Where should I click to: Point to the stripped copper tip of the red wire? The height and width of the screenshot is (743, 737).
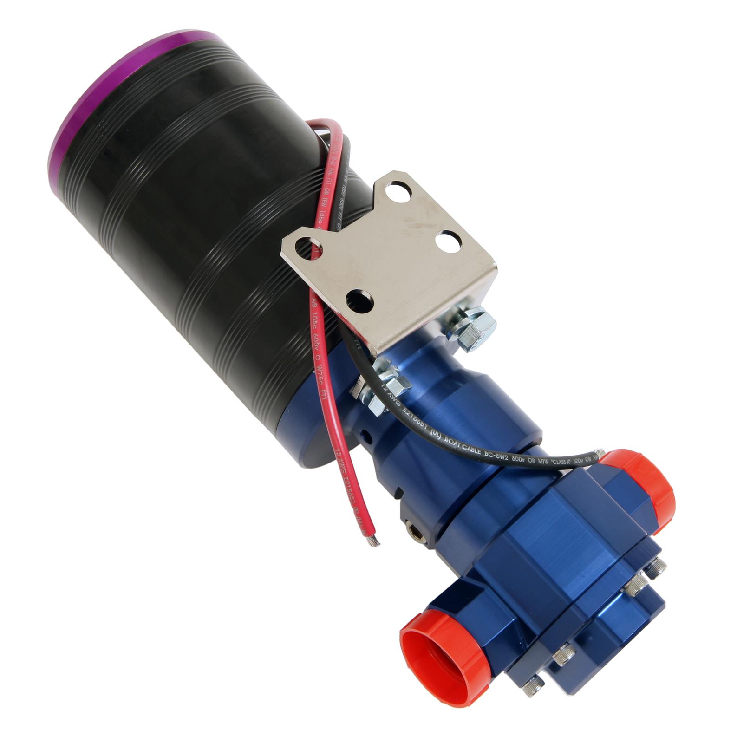[x=374, y=541]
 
